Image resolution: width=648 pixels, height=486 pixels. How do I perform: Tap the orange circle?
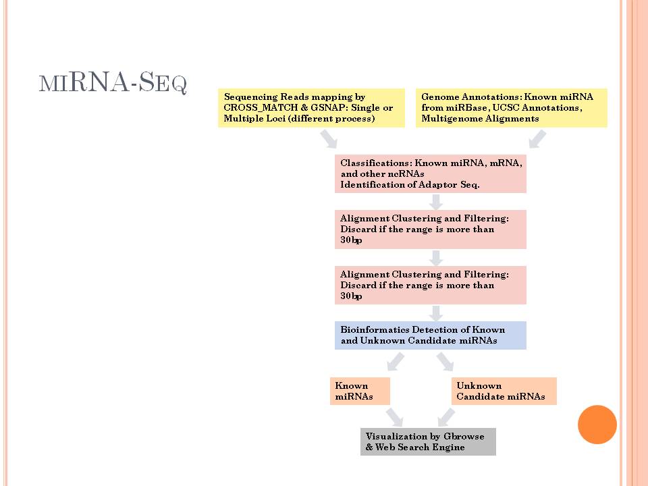coord(597,425)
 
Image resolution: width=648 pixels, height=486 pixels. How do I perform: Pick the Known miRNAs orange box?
coord(360,391)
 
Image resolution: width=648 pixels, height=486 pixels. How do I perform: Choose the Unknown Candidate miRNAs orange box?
coord(504,391)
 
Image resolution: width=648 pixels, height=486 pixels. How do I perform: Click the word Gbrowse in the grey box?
coord(464,437)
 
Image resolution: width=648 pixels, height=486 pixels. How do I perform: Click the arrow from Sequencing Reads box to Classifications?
coord(329,139)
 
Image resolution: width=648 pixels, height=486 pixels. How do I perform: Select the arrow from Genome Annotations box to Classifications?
coord(538,139)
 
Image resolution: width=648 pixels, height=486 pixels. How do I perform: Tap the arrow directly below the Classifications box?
coord(436,202)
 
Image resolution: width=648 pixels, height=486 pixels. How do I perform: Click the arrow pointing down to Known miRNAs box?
coord(396,362)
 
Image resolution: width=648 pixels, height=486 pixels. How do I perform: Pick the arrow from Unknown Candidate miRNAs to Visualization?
coord(446,417)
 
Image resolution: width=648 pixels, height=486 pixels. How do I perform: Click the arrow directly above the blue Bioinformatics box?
coord(436,313)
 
